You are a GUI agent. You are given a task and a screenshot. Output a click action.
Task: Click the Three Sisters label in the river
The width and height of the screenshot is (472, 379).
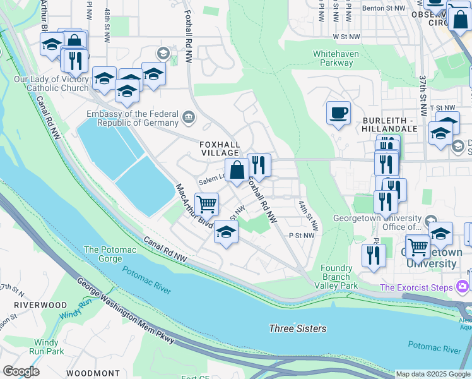(x=298, y=328)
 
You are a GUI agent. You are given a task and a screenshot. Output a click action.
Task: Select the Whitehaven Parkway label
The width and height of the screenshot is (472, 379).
(x=336, y=59)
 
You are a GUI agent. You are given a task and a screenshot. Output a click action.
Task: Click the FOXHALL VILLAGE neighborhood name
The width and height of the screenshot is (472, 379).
(x=220, y=148)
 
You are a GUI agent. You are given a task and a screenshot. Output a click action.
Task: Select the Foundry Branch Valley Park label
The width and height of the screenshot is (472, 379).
(x=335, y=277)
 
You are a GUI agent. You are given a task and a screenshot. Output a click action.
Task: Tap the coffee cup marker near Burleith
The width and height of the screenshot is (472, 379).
(x=338, y=113)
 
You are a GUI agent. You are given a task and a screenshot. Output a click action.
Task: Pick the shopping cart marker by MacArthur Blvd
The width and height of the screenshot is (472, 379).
(x=206, y=204)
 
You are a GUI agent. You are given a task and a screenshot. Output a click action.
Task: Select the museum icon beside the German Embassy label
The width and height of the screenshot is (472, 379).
(x=188, y=117)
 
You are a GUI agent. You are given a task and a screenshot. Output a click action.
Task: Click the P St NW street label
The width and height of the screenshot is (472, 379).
(x=301, y=236)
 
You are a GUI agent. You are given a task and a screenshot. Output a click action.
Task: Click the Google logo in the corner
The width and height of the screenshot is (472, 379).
(x=21, y=371)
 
